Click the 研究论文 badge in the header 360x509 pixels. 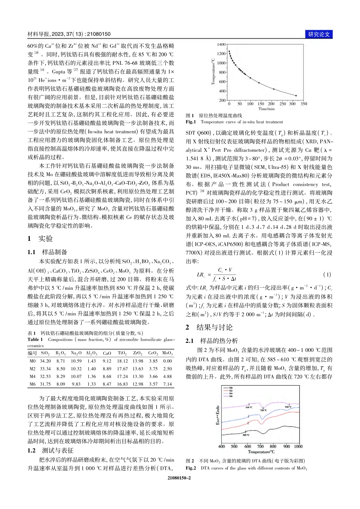click(319, 34)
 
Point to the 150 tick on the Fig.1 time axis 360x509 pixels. click(261, 103)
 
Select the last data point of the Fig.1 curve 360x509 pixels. click(296, 96)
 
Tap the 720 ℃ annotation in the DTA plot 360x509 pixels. click(263, 410)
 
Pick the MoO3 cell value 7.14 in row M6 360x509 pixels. click(167, 384)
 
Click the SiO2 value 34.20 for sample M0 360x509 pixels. click(45, 361)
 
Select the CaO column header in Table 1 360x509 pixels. click(107, 353)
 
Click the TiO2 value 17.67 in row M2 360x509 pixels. click(122, 368)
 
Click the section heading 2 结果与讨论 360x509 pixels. click(209, 327)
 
